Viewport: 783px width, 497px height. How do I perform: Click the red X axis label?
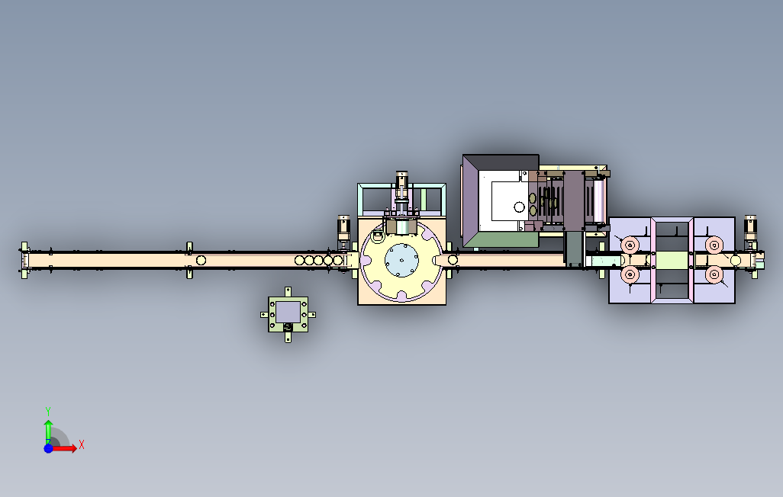[82, 444]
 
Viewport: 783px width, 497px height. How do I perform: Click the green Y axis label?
[48, 412]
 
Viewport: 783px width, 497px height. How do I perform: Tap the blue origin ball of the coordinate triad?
[48, 449]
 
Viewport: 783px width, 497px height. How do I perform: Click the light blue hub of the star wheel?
[401, 259]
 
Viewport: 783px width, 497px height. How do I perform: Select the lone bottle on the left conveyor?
[201, 260]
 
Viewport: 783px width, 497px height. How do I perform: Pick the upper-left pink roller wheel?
[630, 245]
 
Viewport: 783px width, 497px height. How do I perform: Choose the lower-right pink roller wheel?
[714, 274]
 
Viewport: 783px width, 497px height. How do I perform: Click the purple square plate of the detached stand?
[288, 312]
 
